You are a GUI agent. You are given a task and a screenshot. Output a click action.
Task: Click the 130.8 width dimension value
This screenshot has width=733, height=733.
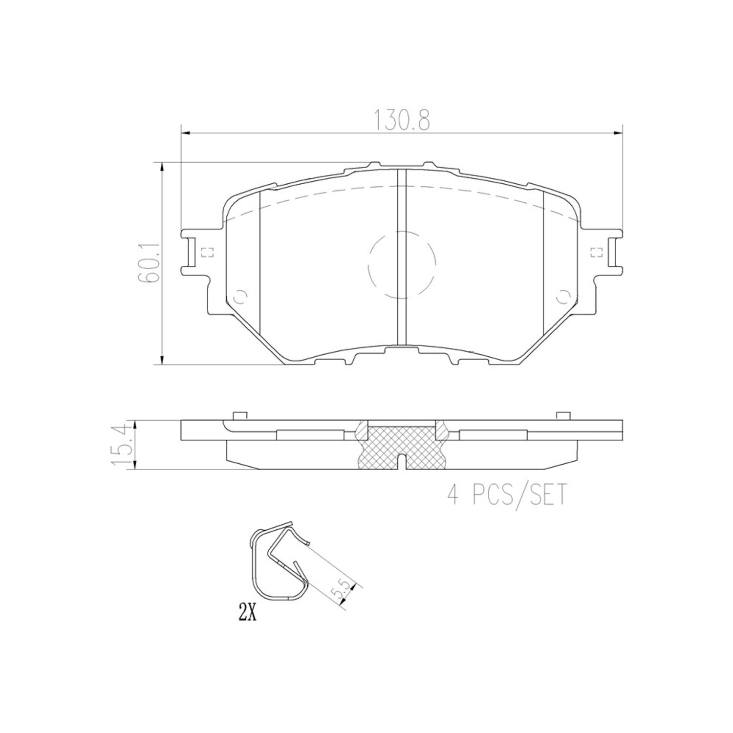(x=402, y=121)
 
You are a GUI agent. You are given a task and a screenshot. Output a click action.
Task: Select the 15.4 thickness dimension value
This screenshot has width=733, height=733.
(x=123, y=445)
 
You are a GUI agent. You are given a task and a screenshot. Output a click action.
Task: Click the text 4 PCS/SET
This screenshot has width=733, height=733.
(x=506, y=495)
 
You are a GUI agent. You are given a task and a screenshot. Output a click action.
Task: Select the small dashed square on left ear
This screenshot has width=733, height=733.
(x=208, y=253)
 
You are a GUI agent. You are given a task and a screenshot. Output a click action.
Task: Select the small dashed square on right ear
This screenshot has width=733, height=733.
(x=595, y=253)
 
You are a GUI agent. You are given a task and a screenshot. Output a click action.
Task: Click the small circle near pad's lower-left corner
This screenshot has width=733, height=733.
(x=241, y=296)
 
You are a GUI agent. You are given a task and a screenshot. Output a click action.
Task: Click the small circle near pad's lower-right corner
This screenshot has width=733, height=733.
(x=562, y=296)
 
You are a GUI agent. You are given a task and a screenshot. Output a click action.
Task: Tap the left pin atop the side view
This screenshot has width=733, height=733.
(x=239, y=416)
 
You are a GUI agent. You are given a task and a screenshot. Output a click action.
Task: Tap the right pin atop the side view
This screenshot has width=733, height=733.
(x=563, y=416)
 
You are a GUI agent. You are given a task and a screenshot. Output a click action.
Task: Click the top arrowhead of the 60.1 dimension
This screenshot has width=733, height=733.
(x=162, y=167)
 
